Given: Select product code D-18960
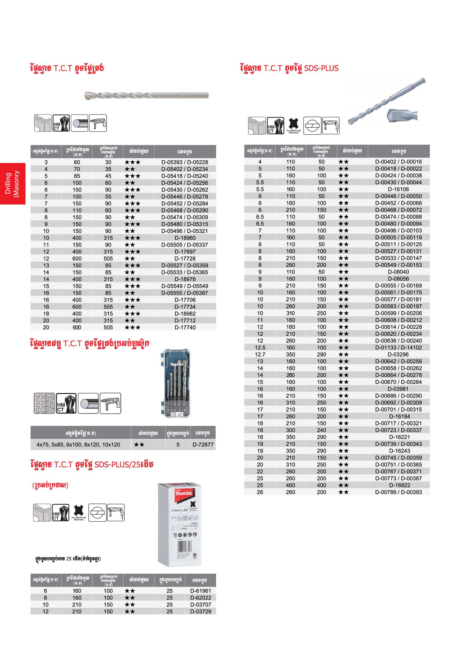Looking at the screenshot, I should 185,238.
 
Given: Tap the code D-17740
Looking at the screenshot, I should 185,327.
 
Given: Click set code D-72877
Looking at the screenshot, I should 203,445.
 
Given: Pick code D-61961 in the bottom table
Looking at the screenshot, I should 200,591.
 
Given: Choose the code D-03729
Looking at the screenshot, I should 200,612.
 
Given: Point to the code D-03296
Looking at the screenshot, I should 398,354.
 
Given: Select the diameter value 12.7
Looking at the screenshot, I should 260,354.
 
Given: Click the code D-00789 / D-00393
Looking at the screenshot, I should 398,492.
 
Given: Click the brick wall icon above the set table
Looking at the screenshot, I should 44,403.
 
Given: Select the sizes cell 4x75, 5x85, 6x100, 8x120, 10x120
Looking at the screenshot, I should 78,445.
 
